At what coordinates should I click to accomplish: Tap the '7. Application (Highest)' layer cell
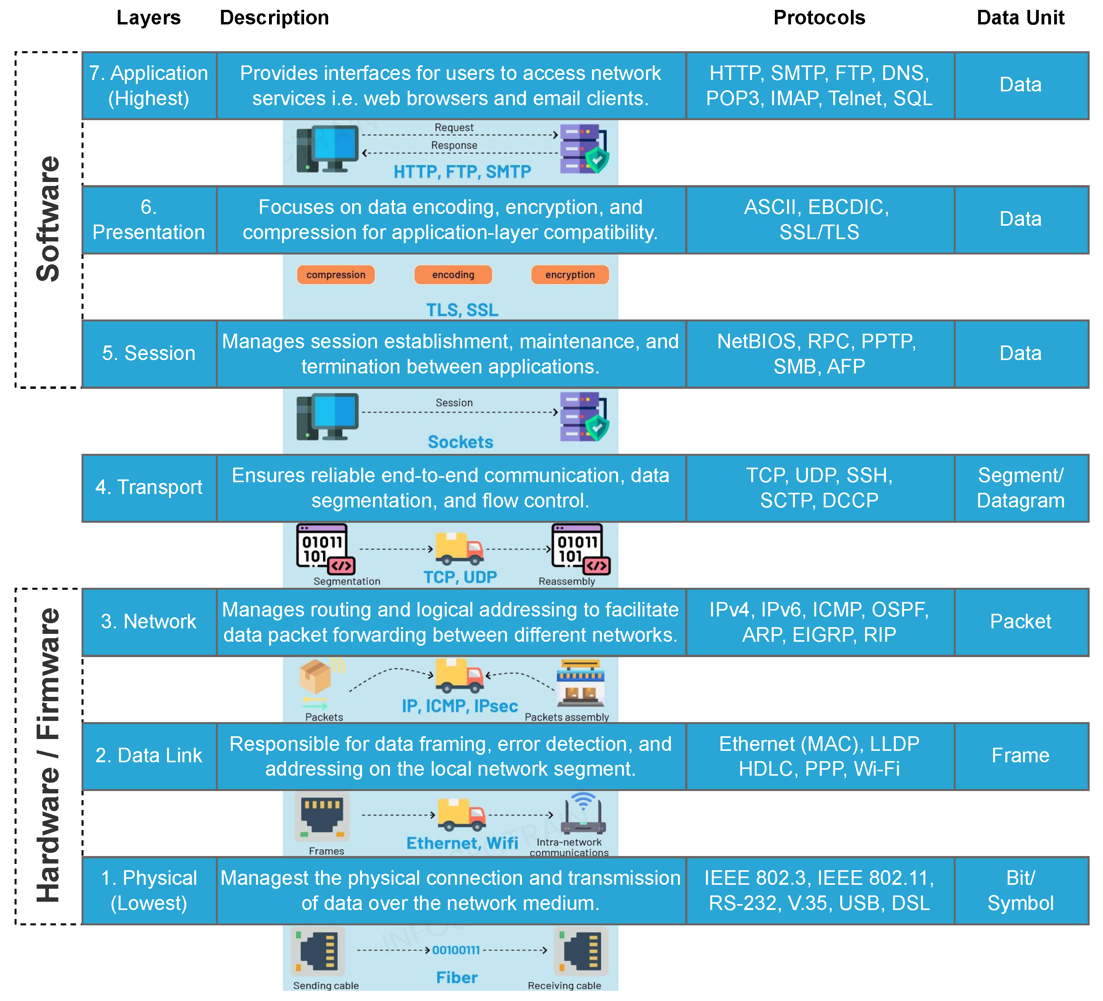tap(149, 86)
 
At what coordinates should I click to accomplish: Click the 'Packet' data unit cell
tap(1021, 622)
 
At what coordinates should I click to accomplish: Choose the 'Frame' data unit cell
tap(1021, 756)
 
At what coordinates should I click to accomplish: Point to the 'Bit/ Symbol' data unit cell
tap(1021, 891)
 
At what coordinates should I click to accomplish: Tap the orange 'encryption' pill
tap(570, 275)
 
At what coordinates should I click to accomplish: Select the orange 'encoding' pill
tap(453, 275)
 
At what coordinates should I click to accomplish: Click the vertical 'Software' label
tap(48, 219)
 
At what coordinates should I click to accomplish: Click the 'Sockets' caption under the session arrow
tap(460, 442)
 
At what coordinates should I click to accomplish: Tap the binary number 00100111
tap(456, 950)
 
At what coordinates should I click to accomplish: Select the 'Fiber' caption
tap(457, 977)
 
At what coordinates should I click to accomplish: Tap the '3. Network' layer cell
tap(149, 622)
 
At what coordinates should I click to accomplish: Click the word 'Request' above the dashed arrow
tap(454, 128)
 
